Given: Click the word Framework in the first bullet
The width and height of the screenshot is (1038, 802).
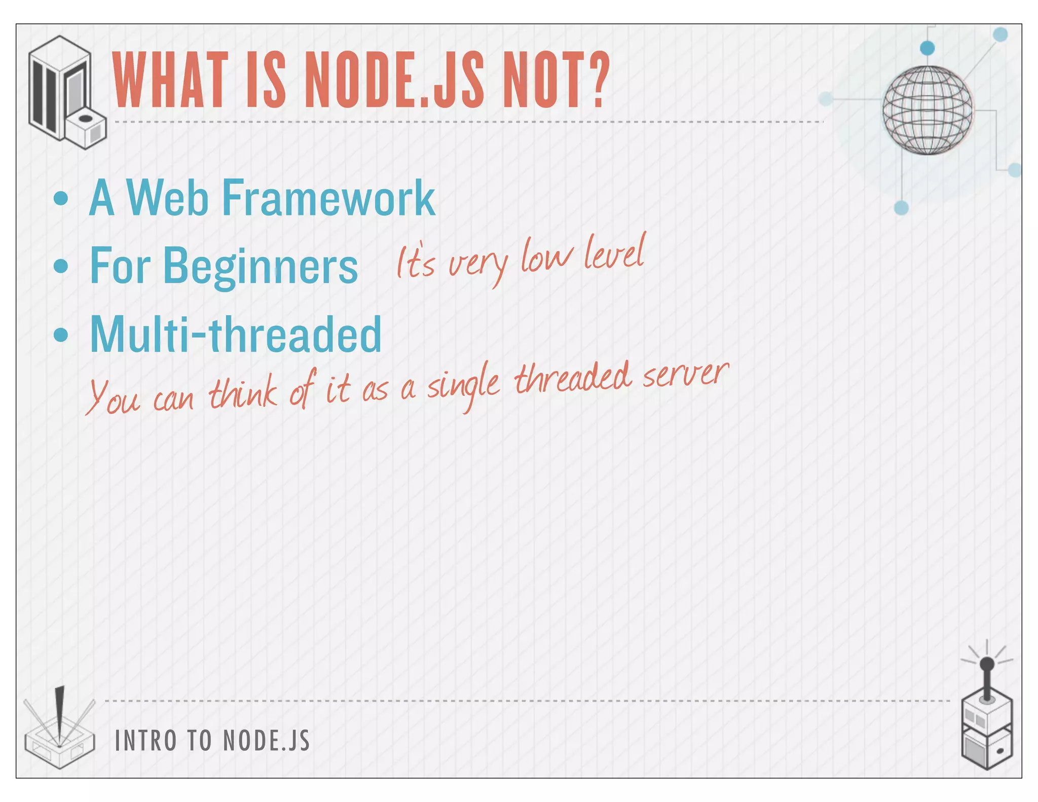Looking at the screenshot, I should pos(328,199).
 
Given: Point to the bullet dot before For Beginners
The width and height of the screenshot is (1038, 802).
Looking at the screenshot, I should pos(61,266).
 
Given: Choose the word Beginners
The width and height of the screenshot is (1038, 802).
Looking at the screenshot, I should pos(261,267).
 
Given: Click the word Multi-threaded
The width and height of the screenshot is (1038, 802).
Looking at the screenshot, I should pos(236,335).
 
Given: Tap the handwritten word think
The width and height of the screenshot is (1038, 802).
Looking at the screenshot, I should pos(243,393).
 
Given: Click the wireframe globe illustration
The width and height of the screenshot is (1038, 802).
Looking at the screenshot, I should pos(928,111).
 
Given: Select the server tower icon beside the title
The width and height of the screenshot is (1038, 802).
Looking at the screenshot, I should pos(66,92).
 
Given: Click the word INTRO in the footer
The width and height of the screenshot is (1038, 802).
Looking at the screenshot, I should pos(146,741).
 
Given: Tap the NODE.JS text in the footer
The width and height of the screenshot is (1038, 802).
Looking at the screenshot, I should pos(267,741).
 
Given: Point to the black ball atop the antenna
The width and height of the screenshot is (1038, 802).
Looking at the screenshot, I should pos(987,664).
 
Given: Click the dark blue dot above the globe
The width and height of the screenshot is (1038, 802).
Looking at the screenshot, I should pos(927,48).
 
